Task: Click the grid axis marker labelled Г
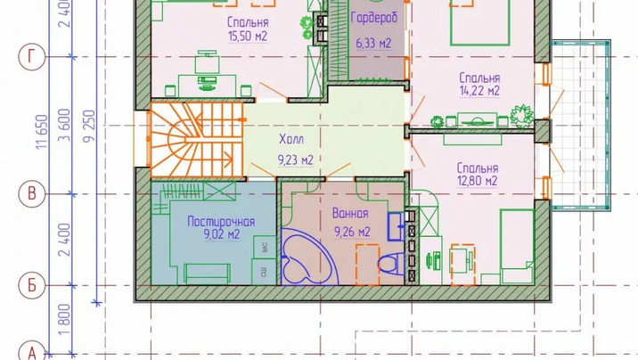pyautogui.click(x=31, y=57)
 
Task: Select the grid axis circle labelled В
pyautogui.click(x=31, y=193)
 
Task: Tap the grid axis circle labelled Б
pyautogui.click(x=31, y=285)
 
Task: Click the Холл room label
pyautogui.click(x=291, y=140)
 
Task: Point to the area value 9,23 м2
pyautogui.click(x=296, y=160)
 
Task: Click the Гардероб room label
pyautogui.click(x=374, y=19)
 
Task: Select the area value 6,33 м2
pyautogui.click(x=373, y=43)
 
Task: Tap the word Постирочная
pyautogui.click(x=221, y=222)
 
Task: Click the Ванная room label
pyautogui.click(x=350, y=213)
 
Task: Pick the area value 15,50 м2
pyautogui.click(x=248, y=36)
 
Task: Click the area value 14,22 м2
pyautogui.click(x=479, y=91)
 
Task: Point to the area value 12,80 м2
pyautogui.click(x=478, y=181)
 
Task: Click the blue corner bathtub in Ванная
pyautogui.click(x=309, y=257)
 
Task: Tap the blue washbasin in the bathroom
pyautogui.click(x=396, y=226)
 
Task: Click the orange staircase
pyautogui.click(x=197, y=140)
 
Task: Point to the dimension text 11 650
pyautogui.click(x=42, y=131)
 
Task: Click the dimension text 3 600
pyautogui.click(x=65, y=125)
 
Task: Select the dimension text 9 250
pyautogui.click(x=89, y=126)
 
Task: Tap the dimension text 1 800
pyautogui.click(x=65, y=319)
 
